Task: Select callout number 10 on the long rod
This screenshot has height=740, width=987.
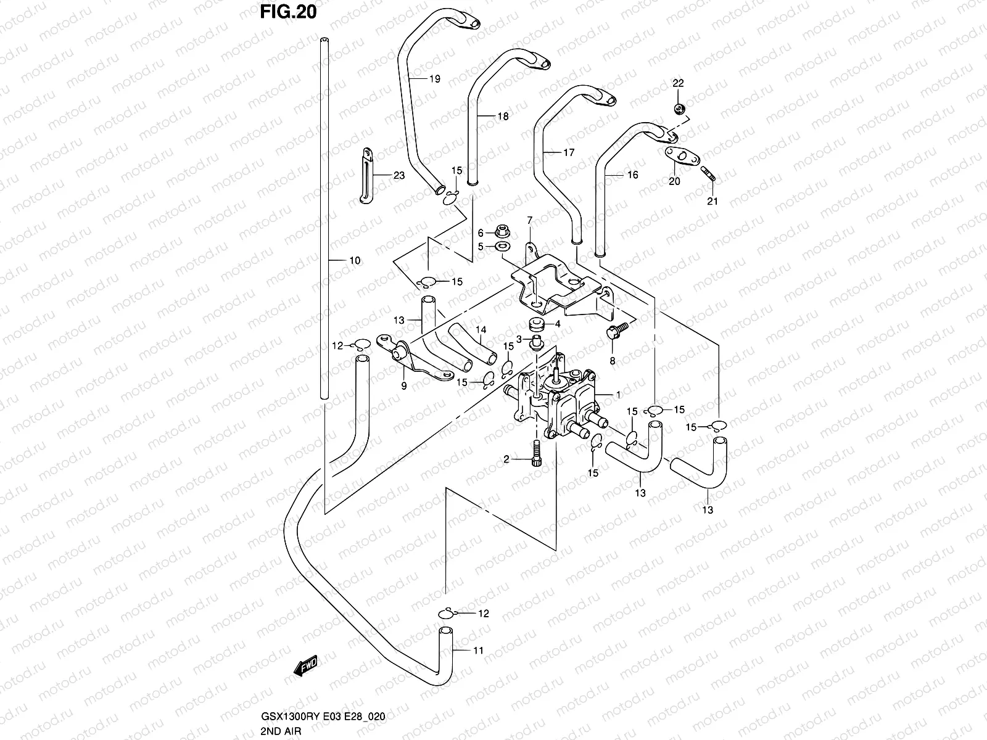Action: click(x=355, y=261)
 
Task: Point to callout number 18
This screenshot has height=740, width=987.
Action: click(x=503, y=116)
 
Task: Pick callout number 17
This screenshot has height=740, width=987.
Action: click(x=568, y=152)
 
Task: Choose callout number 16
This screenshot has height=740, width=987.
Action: click(x=632, y=175)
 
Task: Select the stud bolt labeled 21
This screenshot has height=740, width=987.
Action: click(x=708, y=177)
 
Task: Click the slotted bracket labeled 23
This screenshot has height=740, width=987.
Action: click(x=366, y=175)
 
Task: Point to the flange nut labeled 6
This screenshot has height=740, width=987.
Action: click(x=502, y=232)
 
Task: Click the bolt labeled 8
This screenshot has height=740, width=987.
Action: click(x=617, y=333)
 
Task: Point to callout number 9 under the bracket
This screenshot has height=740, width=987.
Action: click(x=404, y=387)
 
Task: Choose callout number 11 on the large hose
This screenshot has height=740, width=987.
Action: click(x=478, y=651)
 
